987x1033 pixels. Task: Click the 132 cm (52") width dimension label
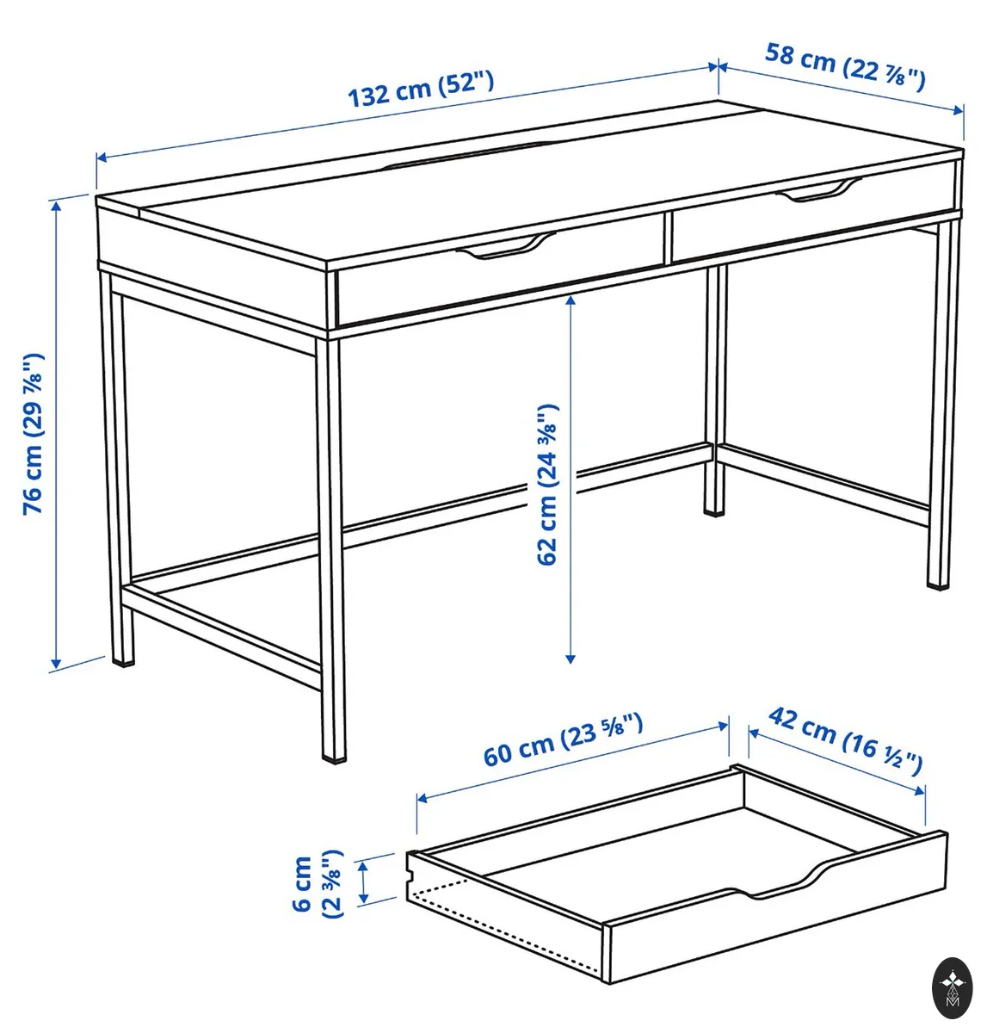point(421,89)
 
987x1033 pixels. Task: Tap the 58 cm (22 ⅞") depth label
point(845,67)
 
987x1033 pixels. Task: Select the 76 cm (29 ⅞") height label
point(34,434)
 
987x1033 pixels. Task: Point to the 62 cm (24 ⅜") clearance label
point(547,484)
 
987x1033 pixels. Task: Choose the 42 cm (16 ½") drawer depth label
point(846,740)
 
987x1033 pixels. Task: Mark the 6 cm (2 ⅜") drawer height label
point(318,883)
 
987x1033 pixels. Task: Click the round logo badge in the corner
point(953,988)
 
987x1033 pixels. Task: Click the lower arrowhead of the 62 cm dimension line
point(571,659)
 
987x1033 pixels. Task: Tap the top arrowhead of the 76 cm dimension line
point(56,206)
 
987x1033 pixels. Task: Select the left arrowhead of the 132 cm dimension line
point(102,158)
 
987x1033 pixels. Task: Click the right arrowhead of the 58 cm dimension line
point(958,110)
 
